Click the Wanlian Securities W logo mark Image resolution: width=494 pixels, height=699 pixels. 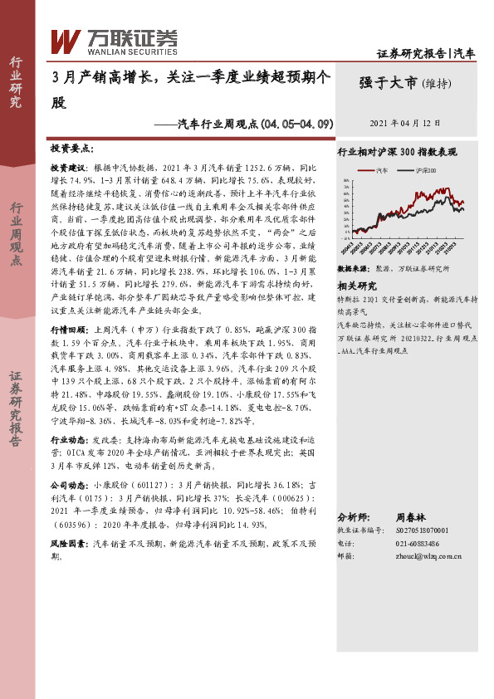pyautogui.click(x=66, y=39)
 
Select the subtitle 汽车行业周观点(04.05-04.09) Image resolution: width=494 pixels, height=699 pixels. pyautogui.click(x=256, y=124)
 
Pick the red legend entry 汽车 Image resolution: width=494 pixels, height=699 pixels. pyautogui.click(x=379, y=169)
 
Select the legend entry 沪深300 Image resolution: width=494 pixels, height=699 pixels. pyautogui.click(x=423, y=169)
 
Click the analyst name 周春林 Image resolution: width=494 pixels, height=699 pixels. pyautogui.click(x=411, y=515)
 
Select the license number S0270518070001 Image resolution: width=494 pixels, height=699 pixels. pyautogui.click(x=419, y=529)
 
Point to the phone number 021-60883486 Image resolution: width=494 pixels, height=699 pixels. pyautogui.click(x=411, y=542)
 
